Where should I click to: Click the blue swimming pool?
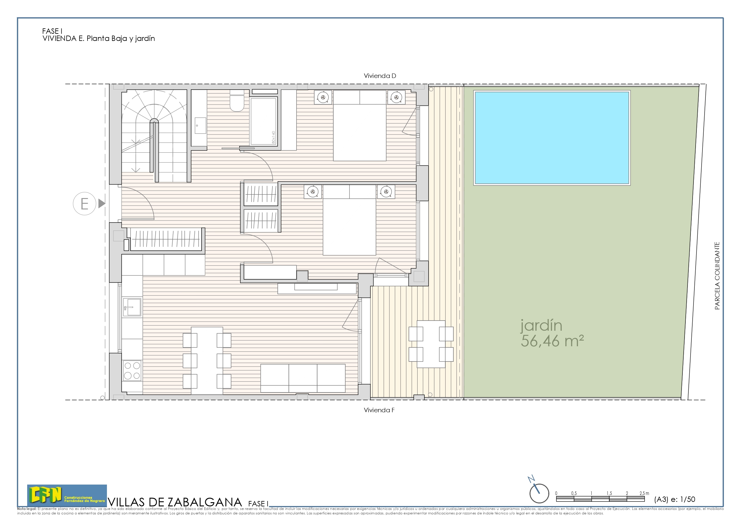click(x=552, y=138)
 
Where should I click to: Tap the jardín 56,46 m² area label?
click(x=552, y=333)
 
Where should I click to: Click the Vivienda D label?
click(x=380, y=76)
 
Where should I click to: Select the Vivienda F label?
click(x=379, y=410)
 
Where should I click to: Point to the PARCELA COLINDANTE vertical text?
click(x=717, y=276)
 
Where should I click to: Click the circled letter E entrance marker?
click(x=85, y=204)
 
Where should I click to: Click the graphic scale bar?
click(x=600, y=499)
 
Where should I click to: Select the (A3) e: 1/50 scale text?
click(x=674, y=499)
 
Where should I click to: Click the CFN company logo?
click(x=67, y=495)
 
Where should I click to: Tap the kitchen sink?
click(x=132, y=307)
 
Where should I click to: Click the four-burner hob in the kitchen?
click(x=132, y=371)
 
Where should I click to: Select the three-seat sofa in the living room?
click(x=303, y=378)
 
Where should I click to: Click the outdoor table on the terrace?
click(x=431, y=344)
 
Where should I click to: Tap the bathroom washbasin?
click(x=200, y=125)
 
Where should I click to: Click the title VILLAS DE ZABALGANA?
click(x=175, y=502)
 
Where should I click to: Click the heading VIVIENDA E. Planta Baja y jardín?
click(x=99, y=39)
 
